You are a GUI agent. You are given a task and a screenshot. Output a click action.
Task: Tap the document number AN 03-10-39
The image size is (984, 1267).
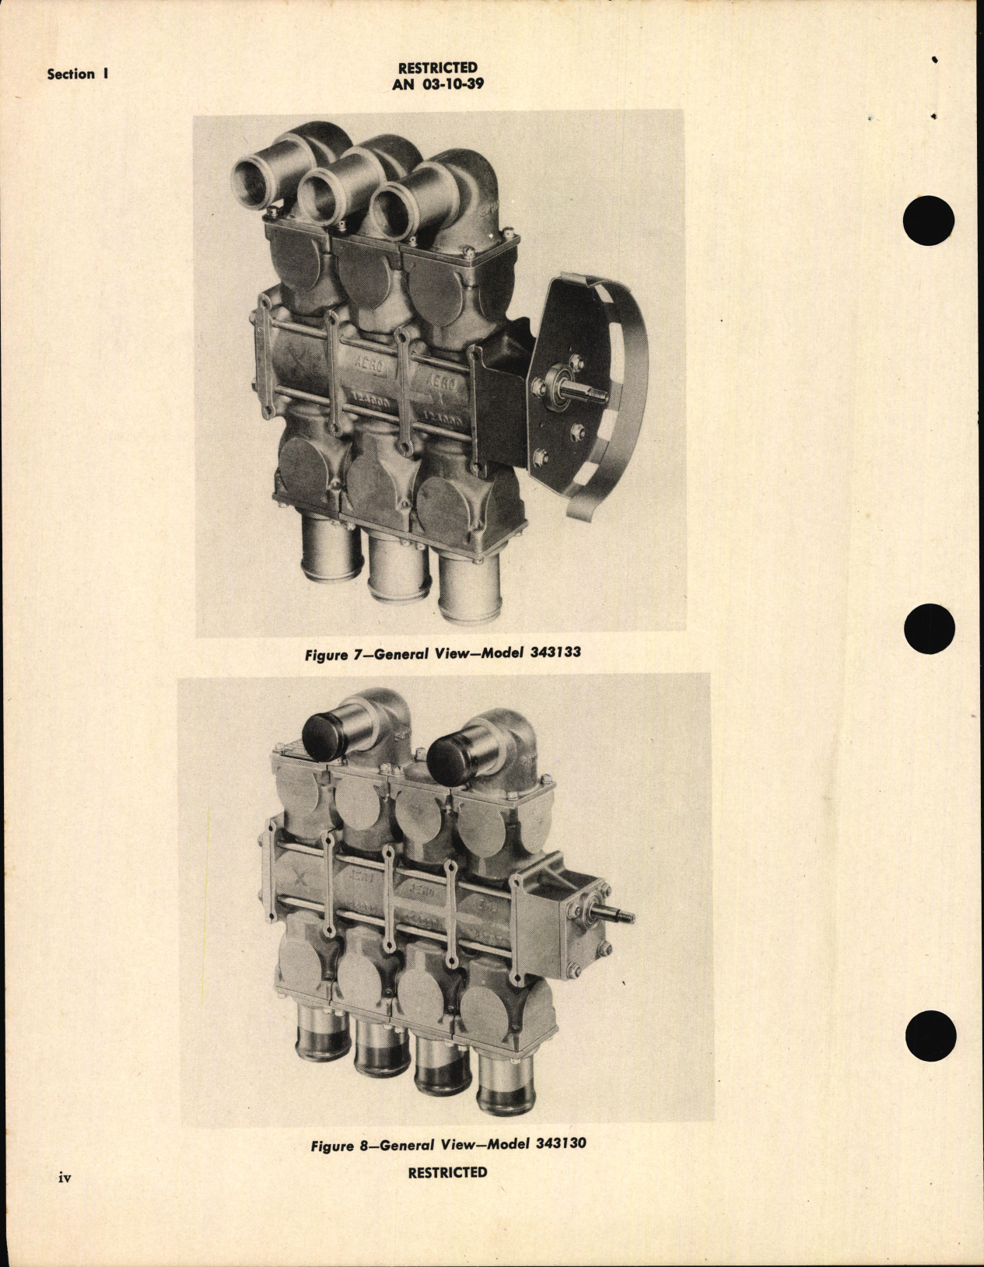[x=437, y=84]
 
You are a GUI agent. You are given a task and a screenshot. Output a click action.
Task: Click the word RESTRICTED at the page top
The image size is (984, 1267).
[x=437, y=68]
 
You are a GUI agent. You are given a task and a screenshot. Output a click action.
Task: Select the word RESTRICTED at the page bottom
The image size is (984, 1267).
[x=447, y=1172]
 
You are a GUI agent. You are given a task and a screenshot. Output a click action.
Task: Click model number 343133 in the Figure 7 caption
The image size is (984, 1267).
[x=555, y=653]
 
